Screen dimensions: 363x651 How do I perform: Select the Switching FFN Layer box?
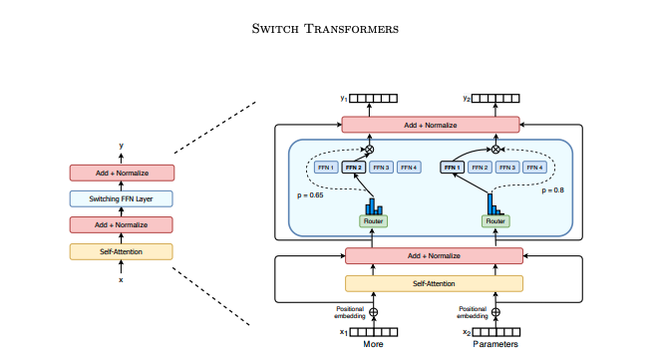tap(121, 198)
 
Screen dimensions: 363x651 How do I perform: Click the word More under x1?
tap(373, 345)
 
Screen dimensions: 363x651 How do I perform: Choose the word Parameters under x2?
tap(494, 345)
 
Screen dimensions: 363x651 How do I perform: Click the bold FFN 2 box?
tap(354, 168)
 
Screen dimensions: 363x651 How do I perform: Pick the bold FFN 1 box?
tap(454, 168)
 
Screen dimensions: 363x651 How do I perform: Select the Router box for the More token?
tap(373, 221)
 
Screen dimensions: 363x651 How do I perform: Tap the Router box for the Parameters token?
tap(495, 221)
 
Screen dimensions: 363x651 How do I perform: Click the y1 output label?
tap(343, 99)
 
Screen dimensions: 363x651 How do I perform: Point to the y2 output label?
tap(467, 99)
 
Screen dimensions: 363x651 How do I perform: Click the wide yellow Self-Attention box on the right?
tap(434, 284)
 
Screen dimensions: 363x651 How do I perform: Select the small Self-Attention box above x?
tap(121, 251)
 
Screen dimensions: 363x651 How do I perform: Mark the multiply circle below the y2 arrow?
tap(495, 149)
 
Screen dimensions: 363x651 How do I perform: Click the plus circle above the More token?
tap(374, 311)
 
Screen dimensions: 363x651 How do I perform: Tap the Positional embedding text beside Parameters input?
tap(473, 311)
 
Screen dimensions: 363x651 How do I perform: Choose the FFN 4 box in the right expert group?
tap(534, 168)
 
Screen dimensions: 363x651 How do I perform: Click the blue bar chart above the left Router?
tap(373, 205)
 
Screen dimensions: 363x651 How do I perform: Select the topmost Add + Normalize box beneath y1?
tap(431, 125)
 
